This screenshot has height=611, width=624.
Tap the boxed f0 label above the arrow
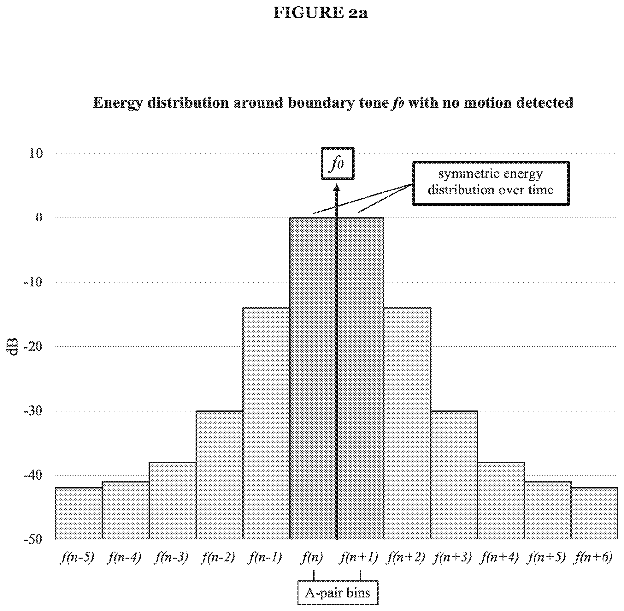coord(338,164)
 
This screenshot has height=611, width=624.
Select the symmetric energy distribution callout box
coord(491,183)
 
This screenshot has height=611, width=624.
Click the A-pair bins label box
coord(338,593)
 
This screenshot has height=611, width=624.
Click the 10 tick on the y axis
coord(36,153)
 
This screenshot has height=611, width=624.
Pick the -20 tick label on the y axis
coord(33,347)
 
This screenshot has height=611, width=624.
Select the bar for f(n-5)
coord(79,513)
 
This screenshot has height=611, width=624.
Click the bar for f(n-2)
coord(219,475)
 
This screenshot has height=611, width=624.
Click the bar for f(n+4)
coord(501,500)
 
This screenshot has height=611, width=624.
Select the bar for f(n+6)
coord(594,513)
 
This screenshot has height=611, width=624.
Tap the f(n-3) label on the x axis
coord(172,557)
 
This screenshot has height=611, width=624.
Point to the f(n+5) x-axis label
coord(547,557)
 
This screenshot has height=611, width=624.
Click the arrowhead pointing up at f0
coord(337,188)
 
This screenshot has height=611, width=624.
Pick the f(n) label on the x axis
coord(312,557)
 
